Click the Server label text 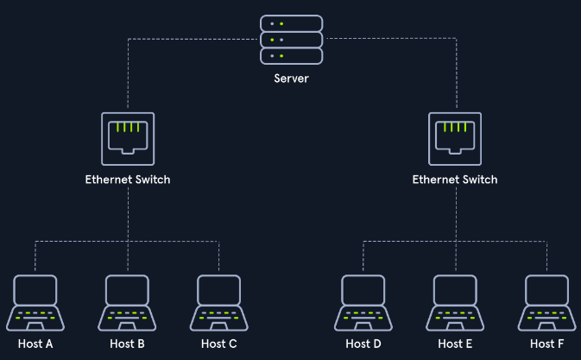point(291,79)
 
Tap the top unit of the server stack point(291,23)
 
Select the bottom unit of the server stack point(291,56)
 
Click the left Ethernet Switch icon point(128,139)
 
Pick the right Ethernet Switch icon point(455,139)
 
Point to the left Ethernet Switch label point(128,180)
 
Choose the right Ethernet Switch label point(455,180)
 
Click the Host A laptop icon point(35,303)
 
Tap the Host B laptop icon point(127,303)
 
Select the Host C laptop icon point(219,303)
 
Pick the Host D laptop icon point(363,303)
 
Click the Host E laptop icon point(455,303)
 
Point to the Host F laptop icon point(547,303)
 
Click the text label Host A point(35,344)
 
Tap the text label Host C point(219,344)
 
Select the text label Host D point(363,344)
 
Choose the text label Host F point(547,344)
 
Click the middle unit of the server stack point(291,40)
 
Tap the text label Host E point(455,344)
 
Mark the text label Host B point(127,344)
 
